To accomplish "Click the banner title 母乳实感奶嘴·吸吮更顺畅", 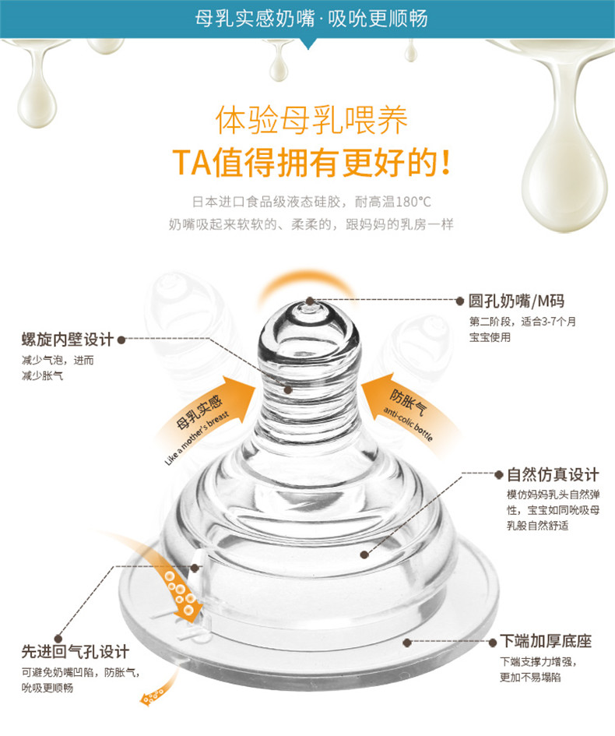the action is coord(311,19).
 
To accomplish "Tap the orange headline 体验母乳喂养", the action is coord(311,120).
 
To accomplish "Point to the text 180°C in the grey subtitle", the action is coord(413,202).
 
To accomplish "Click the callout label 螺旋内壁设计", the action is coord(68,340).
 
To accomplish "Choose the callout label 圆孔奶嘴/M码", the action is coord(516,301).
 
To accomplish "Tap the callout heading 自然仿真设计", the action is coord(553,474).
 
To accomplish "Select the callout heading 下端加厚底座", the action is coord(546,641).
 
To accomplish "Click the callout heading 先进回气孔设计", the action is coord(75,652).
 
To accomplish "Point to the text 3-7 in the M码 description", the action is coord(550,322).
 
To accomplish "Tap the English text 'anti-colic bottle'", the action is coord(408,424).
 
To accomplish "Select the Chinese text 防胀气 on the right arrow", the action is coord(408,403).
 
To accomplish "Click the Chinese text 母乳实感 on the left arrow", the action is coord(199,412).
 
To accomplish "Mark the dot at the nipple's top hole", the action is coord(310,301).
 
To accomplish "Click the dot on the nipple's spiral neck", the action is coord(288,389).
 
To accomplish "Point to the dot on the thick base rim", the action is coord(407,642).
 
